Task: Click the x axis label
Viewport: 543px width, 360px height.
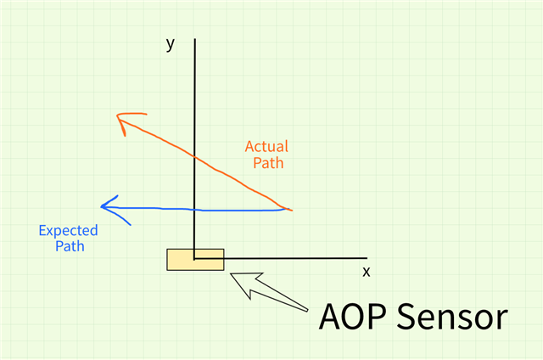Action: click(367, 272)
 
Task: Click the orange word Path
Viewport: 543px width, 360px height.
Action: click(267, 162)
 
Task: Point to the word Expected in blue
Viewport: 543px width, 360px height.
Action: click(69, 231)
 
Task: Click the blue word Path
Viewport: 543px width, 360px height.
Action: click(70, 247)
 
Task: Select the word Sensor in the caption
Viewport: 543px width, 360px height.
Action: click(454, 318)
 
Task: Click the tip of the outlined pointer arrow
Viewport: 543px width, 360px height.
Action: click(232, 274)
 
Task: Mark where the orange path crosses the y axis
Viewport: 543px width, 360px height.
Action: click(195, 157)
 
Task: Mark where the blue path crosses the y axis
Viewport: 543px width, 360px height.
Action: click(195, 209)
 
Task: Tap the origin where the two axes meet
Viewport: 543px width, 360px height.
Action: click(195, 258)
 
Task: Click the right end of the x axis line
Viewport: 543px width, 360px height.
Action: click(367, 258)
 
